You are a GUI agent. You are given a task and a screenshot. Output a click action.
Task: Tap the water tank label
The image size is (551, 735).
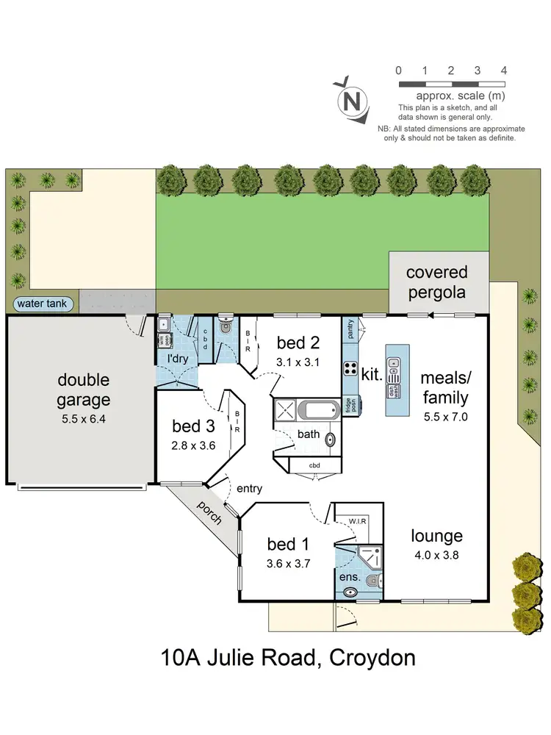[42, 303]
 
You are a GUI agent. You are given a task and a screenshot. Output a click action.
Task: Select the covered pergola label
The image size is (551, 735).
[437, 282]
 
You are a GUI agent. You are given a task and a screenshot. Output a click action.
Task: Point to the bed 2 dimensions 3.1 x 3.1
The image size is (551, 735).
[298, 362]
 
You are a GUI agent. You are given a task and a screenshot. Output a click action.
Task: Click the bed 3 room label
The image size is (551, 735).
[194, 426]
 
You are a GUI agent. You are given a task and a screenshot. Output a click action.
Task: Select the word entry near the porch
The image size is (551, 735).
[249, 489]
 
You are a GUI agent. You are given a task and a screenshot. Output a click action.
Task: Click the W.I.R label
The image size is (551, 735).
[357, 521]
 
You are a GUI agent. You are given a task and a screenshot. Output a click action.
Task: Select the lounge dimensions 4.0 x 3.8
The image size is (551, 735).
[437, 556]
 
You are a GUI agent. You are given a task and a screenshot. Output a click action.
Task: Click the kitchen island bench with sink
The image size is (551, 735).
[396, 371]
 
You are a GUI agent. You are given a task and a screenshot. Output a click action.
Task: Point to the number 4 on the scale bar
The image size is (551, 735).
[503, 71]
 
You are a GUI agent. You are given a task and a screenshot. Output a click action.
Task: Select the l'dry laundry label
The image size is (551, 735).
[176, 358]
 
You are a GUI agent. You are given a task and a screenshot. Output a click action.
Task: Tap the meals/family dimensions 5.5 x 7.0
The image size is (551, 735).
[444, 415]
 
